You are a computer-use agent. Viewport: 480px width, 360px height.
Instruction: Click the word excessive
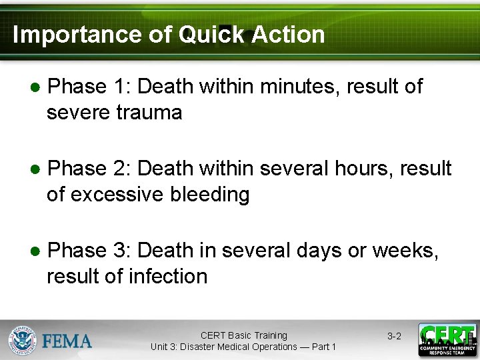116,195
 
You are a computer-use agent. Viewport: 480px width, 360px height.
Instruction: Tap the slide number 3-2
394,336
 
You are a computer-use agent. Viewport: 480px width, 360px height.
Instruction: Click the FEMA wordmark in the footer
67,341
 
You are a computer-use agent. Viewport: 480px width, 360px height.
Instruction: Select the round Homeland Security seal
22,340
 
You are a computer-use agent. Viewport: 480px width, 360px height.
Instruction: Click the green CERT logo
447,340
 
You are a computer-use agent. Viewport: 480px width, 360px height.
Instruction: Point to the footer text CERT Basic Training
243,335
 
